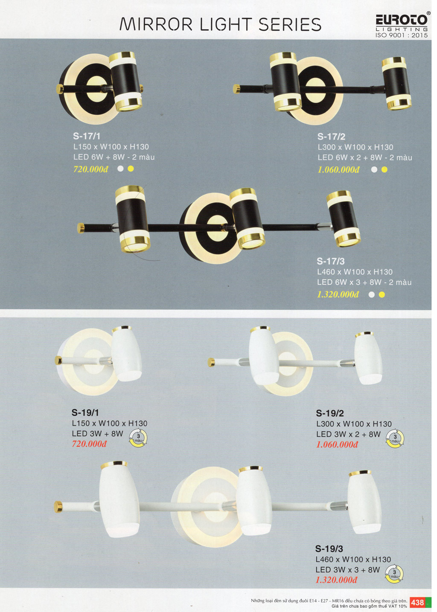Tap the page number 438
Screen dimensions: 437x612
click(417, 602)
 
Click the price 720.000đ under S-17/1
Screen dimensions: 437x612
click(90, 169)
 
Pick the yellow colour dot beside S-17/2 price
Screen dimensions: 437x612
click(384, 170)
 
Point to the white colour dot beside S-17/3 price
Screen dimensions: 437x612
click(371, 294)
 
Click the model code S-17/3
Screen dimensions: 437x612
click(330, 261)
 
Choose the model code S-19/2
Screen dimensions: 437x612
click(329, 413)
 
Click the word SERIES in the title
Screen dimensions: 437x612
click(290, 24)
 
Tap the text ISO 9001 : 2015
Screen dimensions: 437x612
click(402, 35)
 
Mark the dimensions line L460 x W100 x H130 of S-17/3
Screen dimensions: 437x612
click(355, 272)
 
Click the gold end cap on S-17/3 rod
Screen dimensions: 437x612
click(81, 228)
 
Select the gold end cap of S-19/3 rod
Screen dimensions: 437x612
click(58, 507)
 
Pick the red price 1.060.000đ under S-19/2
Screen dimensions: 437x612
click(337, 445)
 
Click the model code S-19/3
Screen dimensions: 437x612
click(329, 548)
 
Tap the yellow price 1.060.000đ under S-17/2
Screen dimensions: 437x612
click(338, 170)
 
